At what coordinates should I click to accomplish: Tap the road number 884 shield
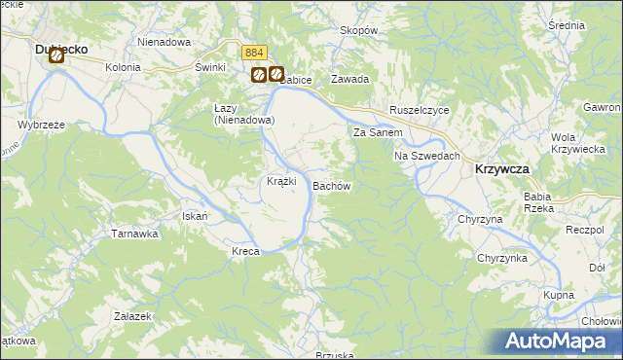click(254, 53)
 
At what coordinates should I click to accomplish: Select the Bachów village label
click(331, 184)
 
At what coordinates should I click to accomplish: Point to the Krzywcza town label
click(502, 168)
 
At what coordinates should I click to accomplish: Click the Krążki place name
click(281, 182)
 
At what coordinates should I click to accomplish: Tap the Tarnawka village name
click(134, 234)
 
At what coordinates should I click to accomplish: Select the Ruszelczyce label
click(419, 111)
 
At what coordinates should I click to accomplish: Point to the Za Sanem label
click(378, 132)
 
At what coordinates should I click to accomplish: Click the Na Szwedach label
click(426, 156)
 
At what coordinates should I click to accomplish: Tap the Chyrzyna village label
click(480, 220)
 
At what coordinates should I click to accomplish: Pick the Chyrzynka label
click(502, 258)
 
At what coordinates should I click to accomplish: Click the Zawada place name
click(349, 79)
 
